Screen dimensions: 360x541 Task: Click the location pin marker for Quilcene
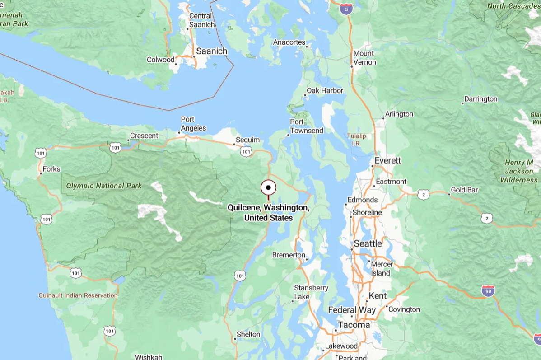(268, 187)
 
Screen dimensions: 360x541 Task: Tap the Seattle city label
(368, 243)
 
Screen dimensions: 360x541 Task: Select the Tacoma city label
(354, 325)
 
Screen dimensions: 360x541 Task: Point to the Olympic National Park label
(104, 186)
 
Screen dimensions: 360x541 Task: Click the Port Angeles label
(193, 124)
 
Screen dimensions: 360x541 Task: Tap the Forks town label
(51, 169)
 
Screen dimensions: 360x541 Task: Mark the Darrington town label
(481, 99)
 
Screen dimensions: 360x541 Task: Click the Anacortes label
(289, 42)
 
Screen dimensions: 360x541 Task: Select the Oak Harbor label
(325, 90)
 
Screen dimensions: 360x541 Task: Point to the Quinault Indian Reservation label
(78, 295)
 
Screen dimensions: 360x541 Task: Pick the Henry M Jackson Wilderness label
(518, 171)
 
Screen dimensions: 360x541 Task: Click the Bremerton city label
(289, 255)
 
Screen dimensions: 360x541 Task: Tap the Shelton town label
(248, 334)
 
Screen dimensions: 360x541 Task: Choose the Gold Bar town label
(464, 190)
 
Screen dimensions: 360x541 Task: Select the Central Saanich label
(201, 20)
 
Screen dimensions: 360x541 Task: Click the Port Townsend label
(306, 126)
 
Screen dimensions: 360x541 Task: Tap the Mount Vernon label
(364, 57)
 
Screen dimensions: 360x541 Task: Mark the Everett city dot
(373, 166)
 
